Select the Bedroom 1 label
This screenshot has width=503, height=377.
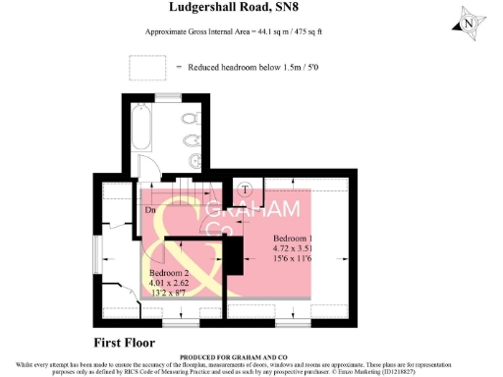(293, 239)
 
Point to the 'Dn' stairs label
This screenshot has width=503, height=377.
(149, 209)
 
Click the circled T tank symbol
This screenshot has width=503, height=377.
(246, 189)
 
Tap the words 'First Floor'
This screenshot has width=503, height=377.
(129, 343)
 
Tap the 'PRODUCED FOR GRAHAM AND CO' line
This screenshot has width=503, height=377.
(251, 357)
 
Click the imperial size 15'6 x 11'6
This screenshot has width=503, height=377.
(293, 258)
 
